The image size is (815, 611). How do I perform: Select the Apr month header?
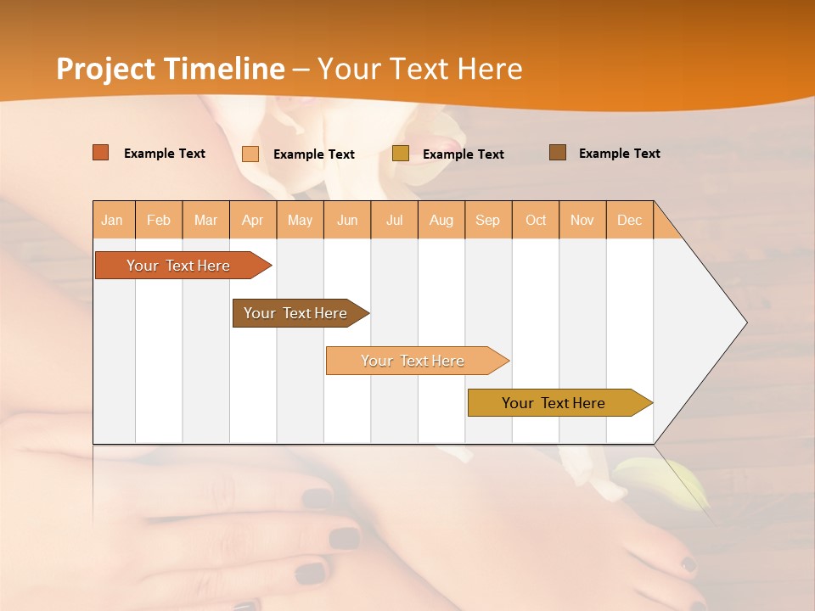(x=253, y=220)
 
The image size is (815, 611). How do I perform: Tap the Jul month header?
(x=394, y=220)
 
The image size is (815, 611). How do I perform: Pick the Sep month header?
(x=488, y=220)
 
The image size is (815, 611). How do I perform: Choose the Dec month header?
(x=629, y=220)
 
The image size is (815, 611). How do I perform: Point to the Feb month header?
(x=159, y=220)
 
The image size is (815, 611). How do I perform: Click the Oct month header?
(x=536, y=220)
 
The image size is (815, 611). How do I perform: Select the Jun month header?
(x=347, y=220)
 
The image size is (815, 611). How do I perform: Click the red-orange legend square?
(x=101, y=153)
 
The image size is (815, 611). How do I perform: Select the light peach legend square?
(x=250, y=154)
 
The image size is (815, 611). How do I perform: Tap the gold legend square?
(x=401, y=154)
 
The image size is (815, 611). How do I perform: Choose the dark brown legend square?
(x=557, y=153)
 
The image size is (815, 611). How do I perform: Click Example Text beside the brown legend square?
(x=619, y=154)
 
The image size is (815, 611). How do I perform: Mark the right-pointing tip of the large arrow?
(x=745, y=322)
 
